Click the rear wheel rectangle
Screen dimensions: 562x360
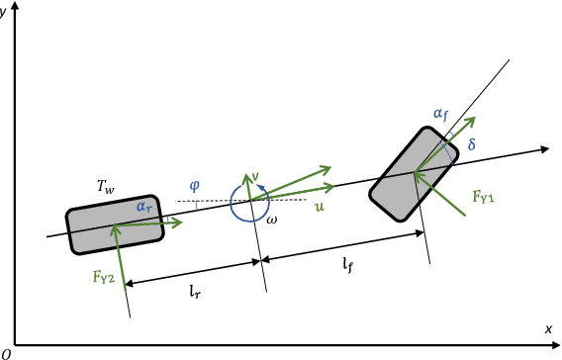[x=115, y=225]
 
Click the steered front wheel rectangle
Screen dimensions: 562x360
[x=414, y=174]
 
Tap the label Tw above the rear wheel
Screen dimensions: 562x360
[x=106, y=187]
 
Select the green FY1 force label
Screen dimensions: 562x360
[x=484, y=197]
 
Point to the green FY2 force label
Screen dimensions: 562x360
[x=104, y=277]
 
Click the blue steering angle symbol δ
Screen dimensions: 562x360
[x=472, y=144]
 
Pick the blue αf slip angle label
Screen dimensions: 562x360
[x=441, y=115]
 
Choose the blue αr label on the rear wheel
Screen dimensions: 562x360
[x=144, y=207]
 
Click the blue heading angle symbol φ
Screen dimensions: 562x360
[x=194, y=186]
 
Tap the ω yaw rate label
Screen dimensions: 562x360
[x=272, y=220]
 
